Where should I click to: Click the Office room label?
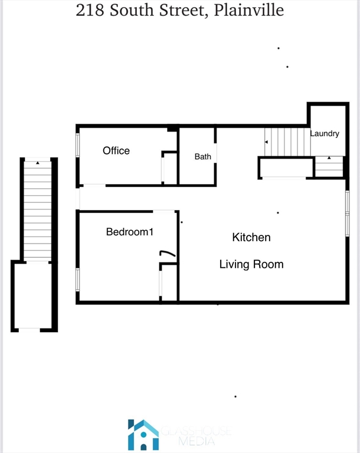[x=116, y=150]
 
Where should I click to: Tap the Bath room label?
[x=203, y=157]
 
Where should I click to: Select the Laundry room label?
[x=325, y=134]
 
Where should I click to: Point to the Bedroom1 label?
[x=130, y=232]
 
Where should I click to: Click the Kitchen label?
[x=251, y=237]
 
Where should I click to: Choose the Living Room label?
[x=251, y=264]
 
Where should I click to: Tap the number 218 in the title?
[x=89, y=10]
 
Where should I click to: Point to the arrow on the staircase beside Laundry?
[x=267, y=142]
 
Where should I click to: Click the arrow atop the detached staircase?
[x=38, y=162]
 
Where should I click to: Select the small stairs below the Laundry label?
[x=329, y=166]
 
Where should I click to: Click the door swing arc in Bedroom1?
[x=168, y=254]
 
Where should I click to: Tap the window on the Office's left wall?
[x=77, y=145]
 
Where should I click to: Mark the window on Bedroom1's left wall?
[x=77, y=279]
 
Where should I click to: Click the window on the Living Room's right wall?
[x=348, y=214]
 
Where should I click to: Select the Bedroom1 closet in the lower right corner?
[x=169, y=284]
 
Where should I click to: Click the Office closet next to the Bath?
[x=169, y=169]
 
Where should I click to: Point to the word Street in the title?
[x=176, y=11]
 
